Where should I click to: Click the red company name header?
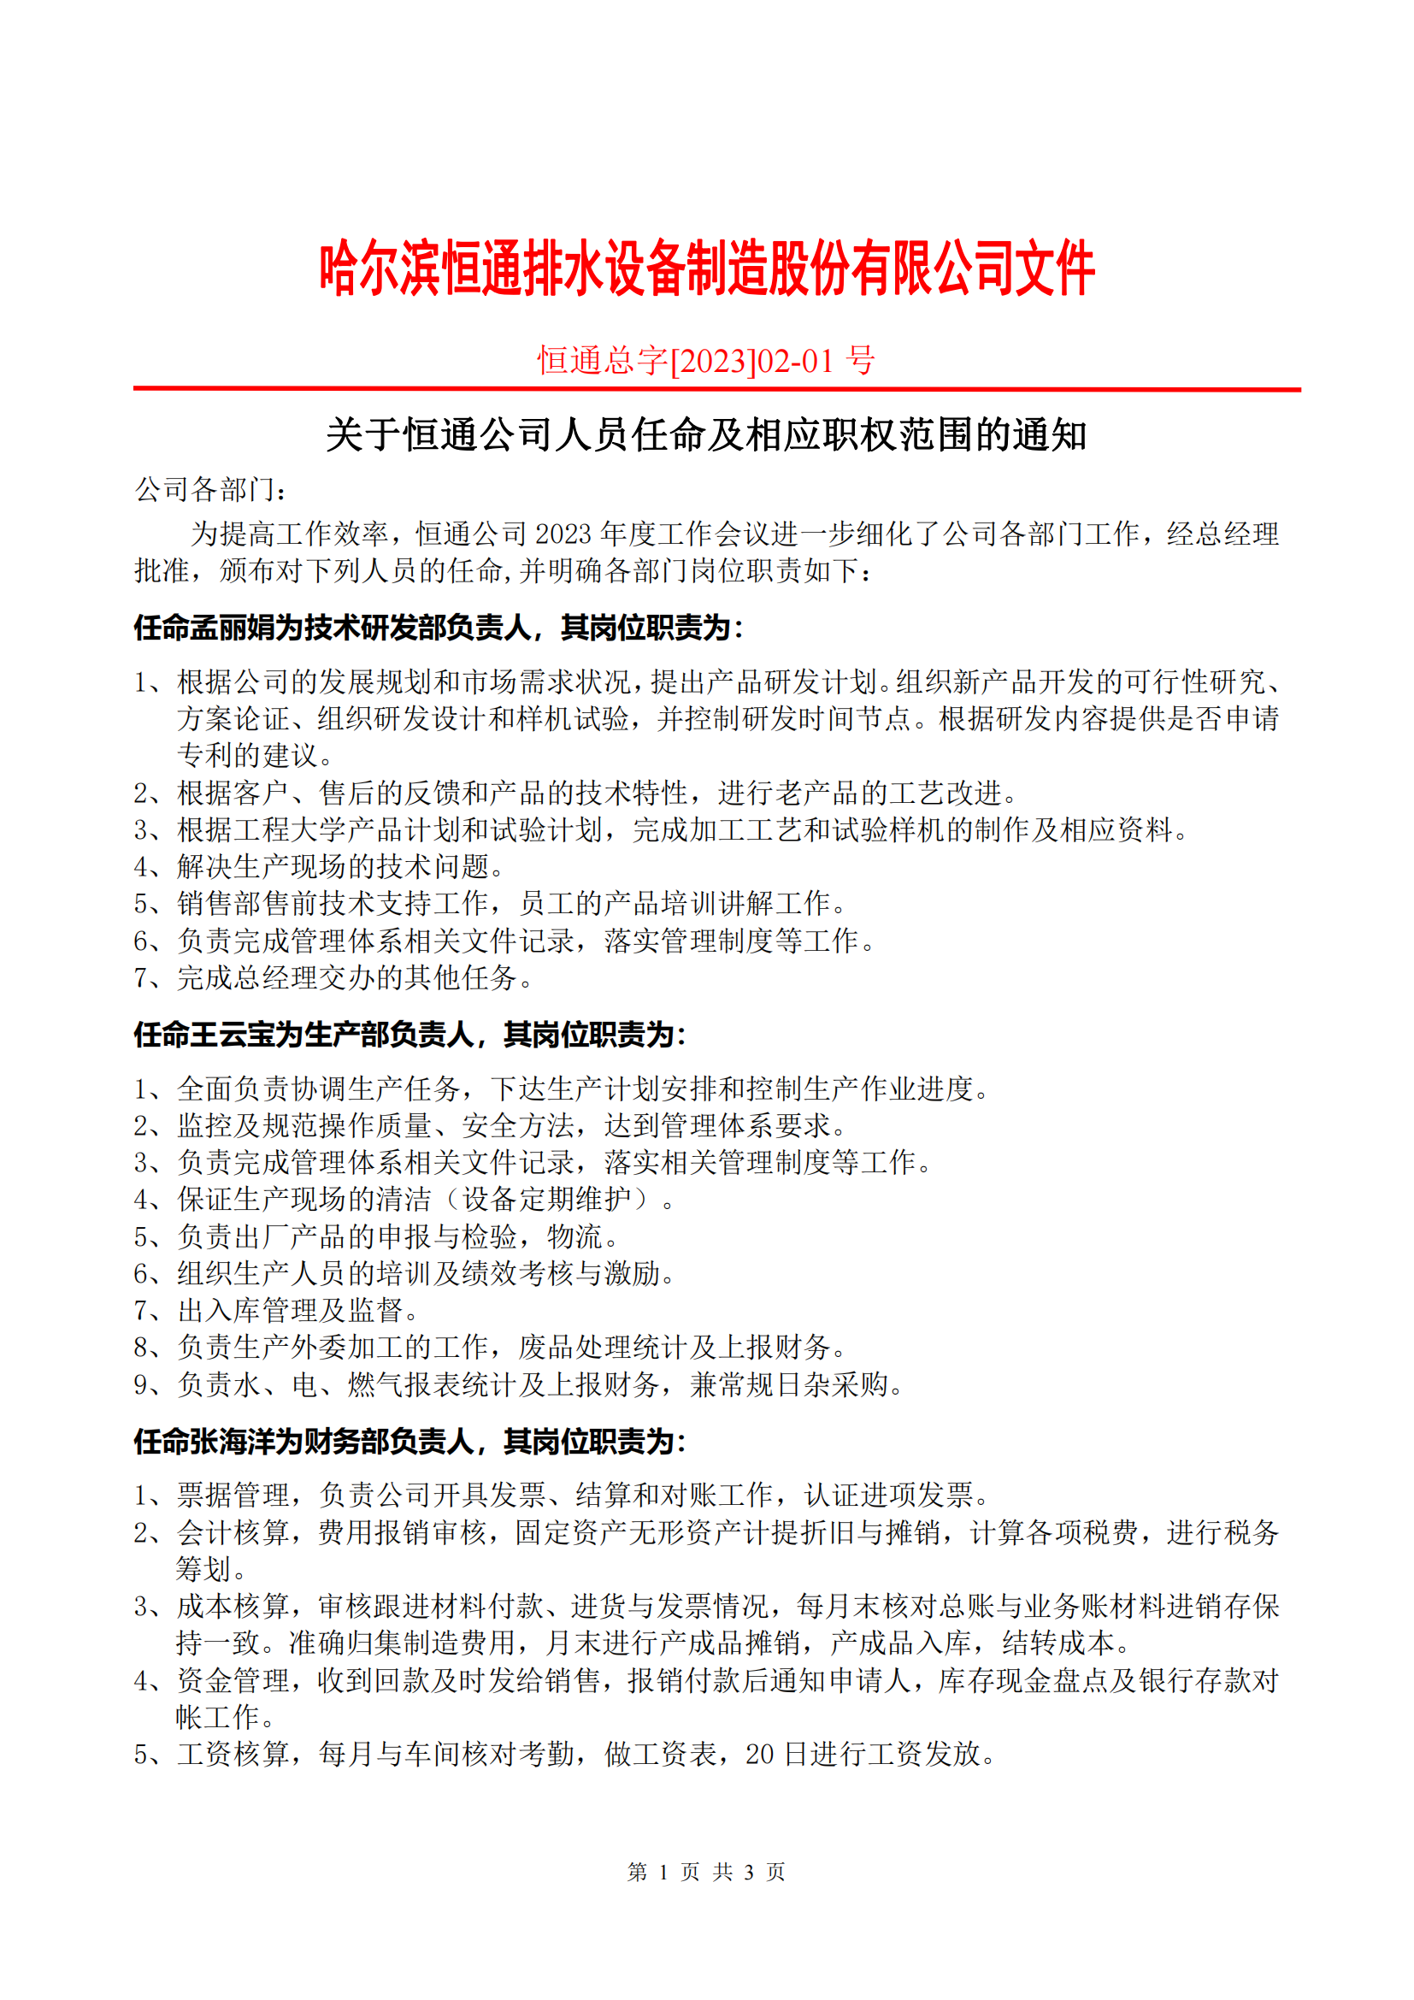[x=706, y=268]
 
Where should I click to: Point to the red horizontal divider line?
[x=716, y=389]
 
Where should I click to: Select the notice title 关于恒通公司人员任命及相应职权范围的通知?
[x=706, y=434]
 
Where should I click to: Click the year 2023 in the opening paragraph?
[x=563, y=534]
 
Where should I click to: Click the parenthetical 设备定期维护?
[x=547, y=1200]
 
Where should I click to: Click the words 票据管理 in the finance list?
[x=233, y=1496]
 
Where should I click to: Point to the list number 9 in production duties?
[x=142, y=1385]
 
